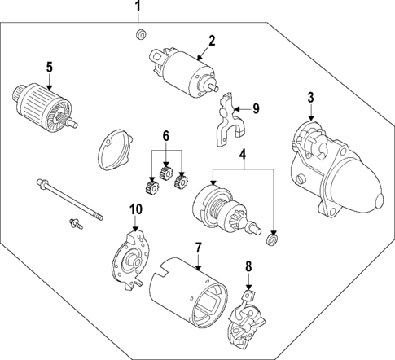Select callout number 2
point(211,40)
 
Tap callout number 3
point(310,98)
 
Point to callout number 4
point(242,155)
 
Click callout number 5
point(49,66)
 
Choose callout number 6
point(166,136)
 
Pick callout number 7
point(196,247)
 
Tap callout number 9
point(255,107)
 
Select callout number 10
point(135,209)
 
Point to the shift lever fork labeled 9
point(227,118)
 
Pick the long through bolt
point(69,199)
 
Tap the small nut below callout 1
point(139,34)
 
